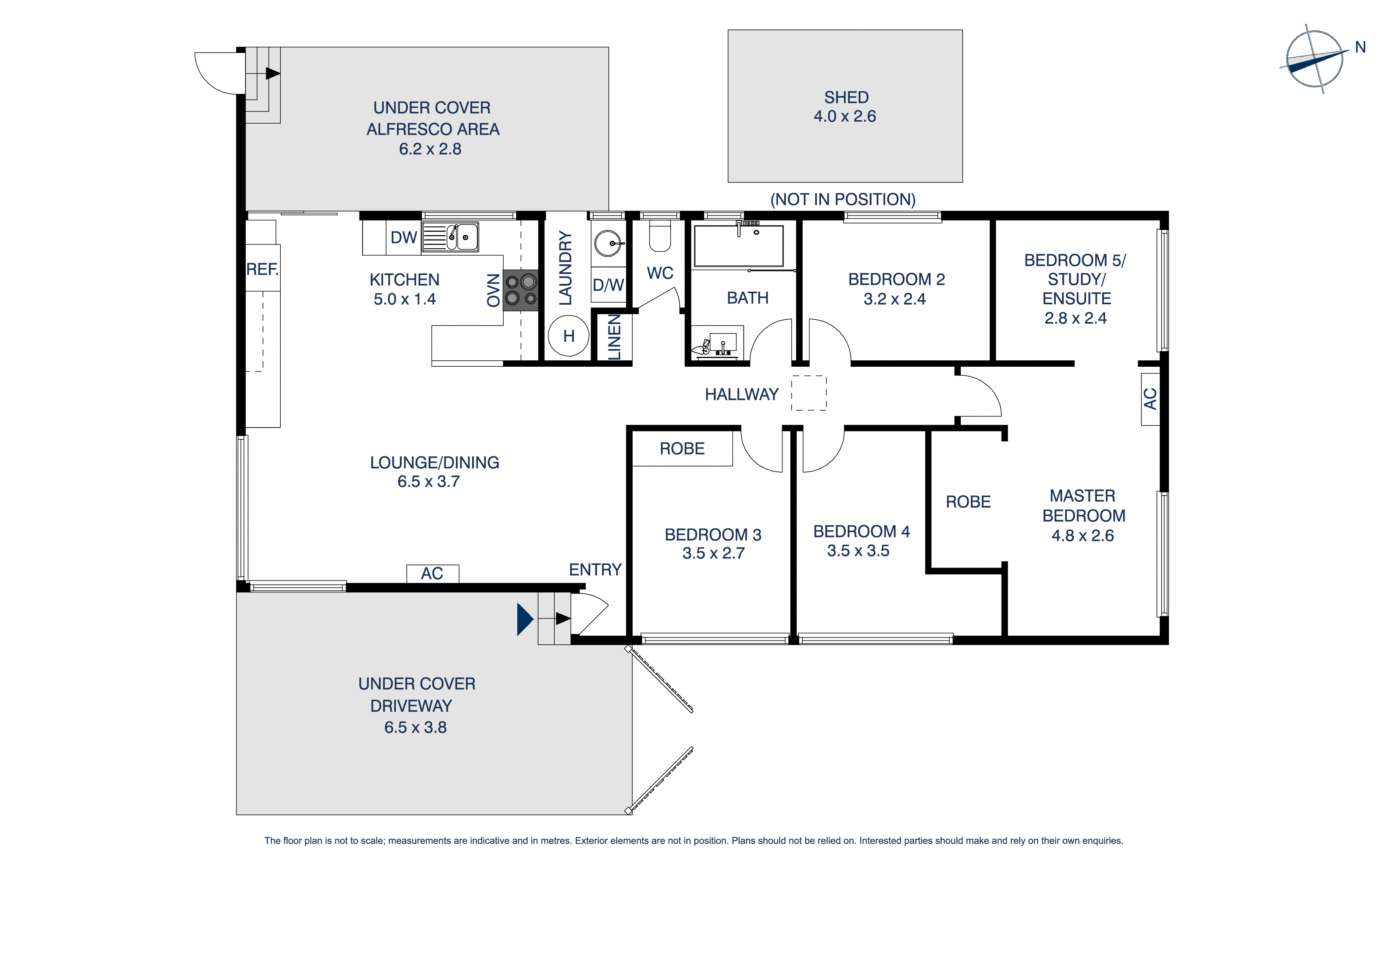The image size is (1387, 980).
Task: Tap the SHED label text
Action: (x=846, y=97)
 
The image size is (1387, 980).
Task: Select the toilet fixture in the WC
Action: (x=659, y=236)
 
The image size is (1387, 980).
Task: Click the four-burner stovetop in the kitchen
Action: (x=521, y=290)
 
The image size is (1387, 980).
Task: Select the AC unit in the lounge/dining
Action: (x=432, y=573)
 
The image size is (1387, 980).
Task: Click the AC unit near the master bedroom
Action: (x=1150, y=399)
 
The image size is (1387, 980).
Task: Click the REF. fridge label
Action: (x=262, y=269)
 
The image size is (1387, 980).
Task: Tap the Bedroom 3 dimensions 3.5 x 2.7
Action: (x=713, y=553)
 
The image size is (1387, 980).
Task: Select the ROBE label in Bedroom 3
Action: (x=682, y=449)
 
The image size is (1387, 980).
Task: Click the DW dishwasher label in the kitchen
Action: (x=404, y=237)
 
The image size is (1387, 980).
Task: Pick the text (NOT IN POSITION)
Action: (x=843, y=199)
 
